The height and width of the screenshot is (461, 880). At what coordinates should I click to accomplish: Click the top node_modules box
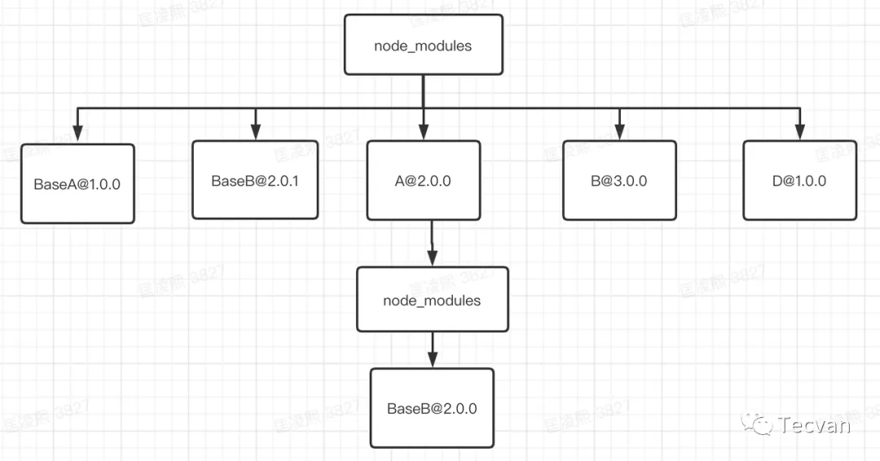[423, 46]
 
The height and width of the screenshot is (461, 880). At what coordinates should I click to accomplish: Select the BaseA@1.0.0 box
[77, 184]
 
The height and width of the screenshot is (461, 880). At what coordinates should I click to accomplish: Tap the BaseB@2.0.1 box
[255, 180]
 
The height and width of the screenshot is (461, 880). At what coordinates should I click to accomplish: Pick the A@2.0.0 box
[423, 180]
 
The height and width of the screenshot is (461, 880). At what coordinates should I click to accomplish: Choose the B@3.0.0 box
[619, 180]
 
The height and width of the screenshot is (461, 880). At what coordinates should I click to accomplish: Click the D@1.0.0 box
[799, 180]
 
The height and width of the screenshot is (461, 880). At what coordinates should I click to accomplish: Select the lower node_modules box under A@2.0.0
[432, 300]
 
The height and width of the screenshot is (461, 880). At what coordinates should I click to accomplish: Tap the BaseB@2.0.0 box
[432, 408]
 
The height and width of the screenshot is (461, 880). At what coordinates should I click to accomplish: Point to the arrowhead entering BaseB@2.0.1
[255, 132]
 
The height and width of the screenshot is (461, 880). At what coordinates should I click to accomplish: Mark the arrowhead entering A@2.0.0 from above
[423, 132]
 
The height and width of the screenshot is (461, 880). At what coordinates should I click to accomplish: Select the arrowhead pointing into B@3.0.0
[619, 132]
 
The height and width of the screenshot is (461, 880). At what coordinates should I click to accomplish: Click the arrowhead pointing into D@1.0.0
[799, 132]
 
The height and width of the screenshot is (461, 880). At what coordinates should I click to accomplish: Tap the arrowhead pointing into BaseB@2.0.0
[432, 360]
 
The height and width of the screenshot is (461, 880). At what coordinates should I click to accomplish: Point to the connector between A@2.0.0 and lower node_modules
[431, 243]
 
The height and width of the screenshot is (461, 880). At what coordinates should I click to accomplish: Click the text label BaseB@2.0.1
[255, 181]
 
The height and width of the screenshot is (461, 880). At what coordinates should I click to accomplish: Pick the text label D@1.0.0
[799, 181]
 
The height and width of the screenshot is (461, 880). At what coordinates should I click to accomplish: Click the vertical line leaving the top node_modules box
[423, 90]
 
